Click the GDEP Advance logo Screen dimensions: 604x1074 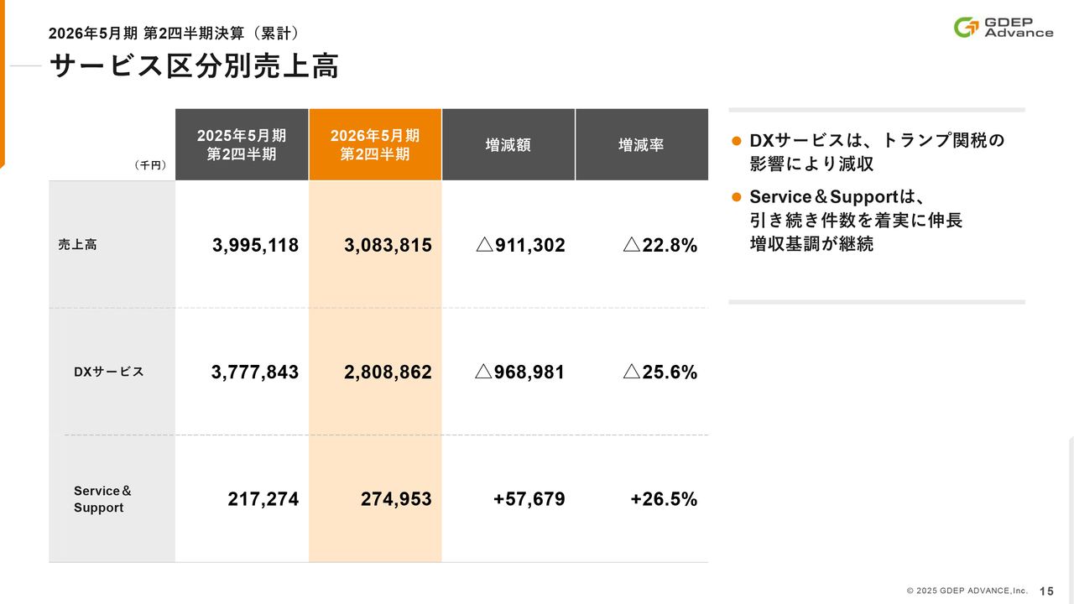(x=1004, y=27)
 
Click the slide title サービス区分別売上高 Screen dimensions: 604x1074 (x=194, y=66)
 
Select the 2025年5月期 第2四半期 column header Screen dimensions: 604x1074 (x=242, y=144)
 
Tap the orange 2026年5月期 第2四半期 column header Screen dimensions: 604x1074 (x=375, y=144)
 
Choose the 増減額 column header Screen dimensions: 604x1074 (x=508, y=144)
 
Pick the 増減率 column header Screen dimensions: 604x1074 (x=641, y=144)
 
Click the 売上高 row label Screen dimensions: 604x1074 (x=77, y=245)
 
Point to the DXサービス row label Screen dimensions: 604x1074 (x=108, y=372)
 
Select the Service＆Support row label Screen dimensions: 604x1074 (x=102, y=499)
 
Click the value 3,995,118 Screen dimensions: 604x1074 (x=255, y=245)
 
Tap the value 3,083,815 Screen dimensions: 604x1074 (x=388, y=245)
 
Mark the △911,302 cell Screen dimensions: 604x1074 (x=519, y=245)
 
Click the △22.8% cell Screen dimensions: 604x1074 (x=660, y=245)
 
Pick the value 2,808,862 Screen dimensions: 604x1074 (x=388, y=372)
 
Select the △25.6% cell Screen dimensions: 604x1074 (x=660, y=372)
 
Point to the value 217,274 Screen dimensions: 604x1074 (x=263, y=499)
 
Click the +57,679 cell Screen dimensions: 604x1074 (x=529, y=499)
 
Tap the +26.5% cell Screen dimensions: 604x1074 (x=664, y=499)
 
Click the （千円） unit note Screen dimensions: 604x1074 (x=150, y=165)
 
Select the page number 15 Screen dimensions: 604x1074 (x=1047, y=591)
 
